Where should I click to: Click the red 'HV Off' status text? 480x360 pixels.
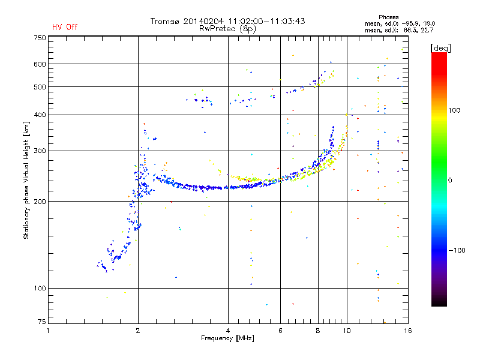(x=65, y=28)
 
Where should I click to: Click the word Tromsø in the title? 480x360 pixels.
(x=166, y=21)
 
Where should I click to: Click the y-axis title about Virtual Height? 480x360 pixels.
(x=26, y=180)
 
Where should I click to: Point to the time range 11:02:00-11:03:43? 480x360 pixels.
(x=264, y=21)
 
